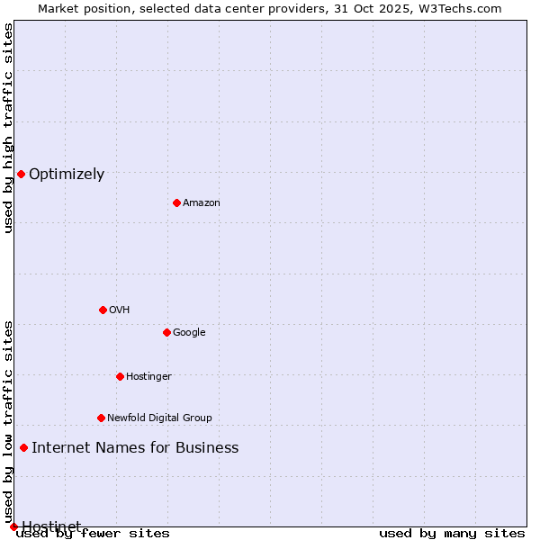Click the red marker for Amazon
176,202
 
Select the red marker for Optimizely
21,174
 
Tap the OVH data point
103,310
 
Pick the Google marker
166,332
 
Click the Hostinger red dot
120,376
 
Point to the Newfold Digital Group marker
101,418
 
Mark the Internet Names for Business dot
23,447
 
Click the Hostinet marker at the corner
13,526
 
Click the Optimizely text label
67,175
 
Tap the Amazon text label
202,203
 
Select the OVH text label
120,310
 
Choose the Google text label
189,333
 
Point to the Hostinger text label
148,377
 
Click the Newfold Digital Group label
159,418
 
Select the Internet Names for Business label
135,448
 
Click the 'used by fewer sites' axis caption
93,534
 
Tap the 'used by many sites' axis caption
452,534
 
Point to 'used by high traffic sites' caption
8,128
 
